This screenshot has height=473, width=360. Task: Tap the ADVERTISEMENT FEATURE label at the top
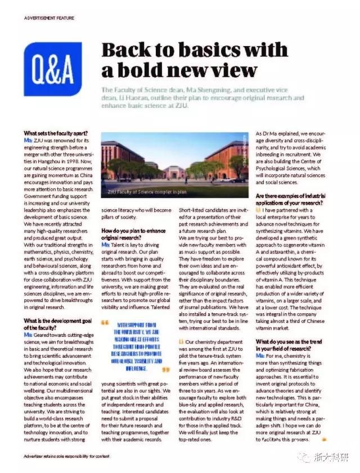49,18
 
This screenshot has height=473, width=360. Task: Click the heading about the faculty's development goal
55,323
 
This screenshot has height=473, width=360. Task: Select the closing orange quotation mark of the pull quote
165,371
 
